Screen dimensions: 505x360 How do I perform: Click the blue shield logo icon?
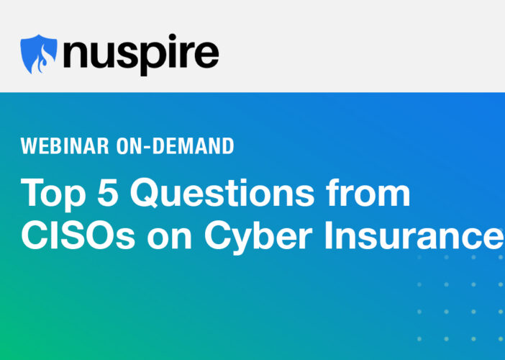[x=39, y=54]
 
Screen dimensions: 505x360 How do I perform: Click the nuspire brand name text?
[x=141, y=55]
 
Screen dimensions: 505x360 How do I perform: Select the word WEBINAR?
[x=65, y=146]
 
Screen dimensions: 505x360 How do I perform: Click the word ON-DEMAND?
[x=176, y=146]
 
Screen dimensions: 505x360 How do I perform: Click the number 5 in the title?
[x=108, y=192]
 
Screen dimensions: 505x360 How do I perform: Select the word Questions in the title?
[x=222, y=193]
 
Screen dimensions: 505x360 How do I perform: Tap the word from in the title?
[x=368, y=192]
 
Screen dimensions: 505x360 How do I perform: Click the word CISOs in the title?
[x=78, y=235]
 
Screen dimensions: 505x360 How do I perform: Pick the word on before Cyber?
[x=169, y=239]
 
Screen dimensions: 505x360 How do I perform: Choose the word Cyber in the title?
[x=258, y=238]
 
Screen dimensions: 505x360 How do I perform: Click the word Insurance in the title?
[x=414, y=235]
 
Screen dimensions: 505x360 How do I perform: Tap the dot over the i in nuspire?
[x=172, y=37]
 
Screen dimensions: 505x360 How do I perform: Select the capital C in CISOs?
[x=34, y=235]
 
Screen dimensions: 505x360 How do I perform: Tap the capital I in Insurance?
[x=328, y=235]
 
